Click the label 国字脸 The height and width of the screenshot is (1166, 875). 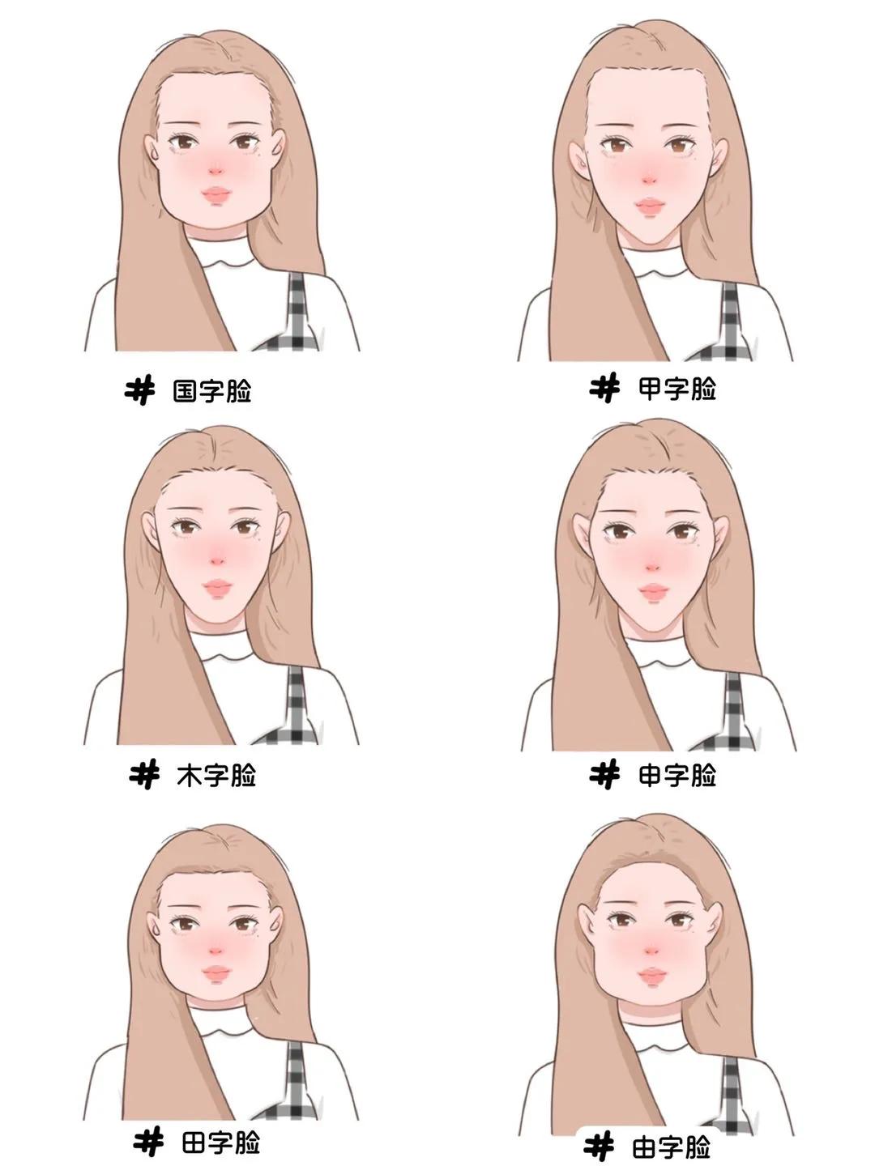pyautogui.click(x=212, y=392)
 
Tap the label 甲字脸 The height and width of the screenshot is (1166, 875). pyautogui.click(x=677, y=389)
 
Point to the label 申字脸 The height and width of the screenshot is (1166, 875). pyautogui.click(x=677, y=776)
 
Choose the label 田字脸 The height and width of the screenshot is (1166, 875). pyautogui.click(x=220, y=1143)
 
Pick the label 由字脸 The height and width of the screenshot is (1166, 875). pyautogui.click(x=671, y=1147)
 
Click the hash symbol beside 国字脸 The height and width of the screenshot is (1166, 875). pyautogui.click(x=140, y=391)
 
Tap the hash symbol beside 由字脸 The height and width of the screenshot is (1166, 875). pyautogui.click(x=600, y=1147)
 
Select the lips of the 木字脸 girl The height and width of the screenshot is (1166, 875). pyautogui.click(x=217, y=586)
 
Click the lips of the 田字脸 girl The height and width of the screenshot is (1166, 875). pyautogui.click(x=217, y=972)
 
